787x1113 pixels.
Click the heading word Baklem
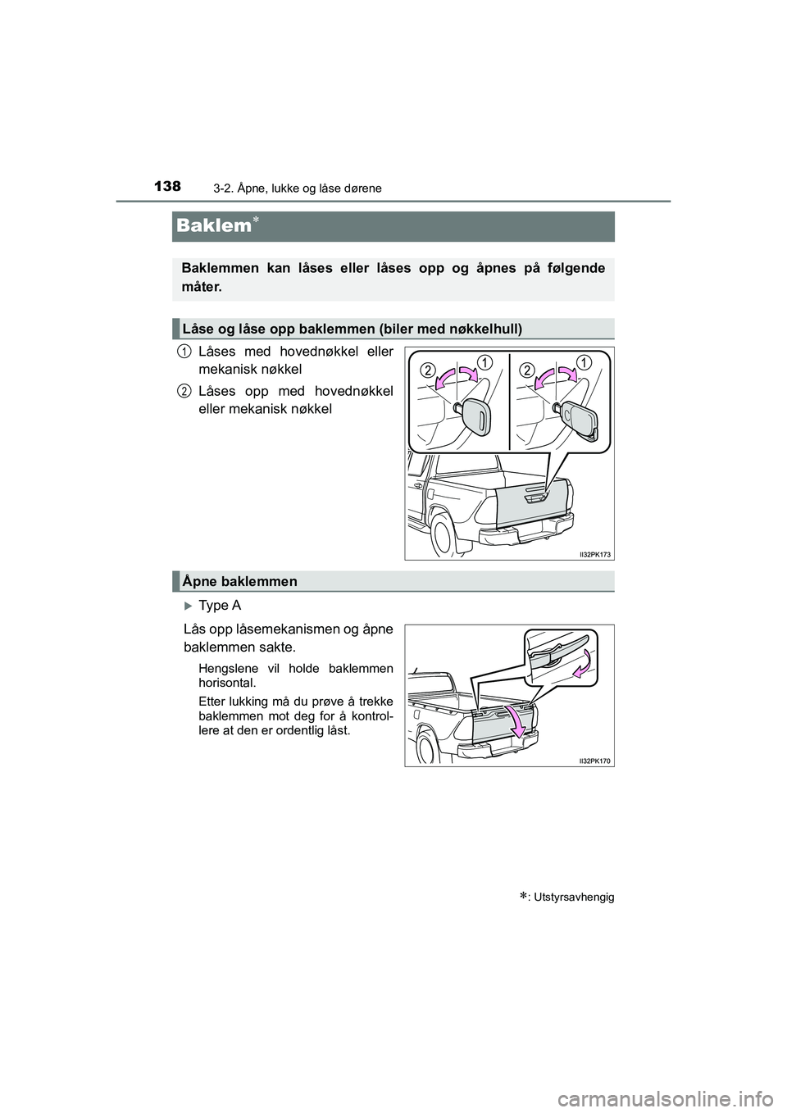211,226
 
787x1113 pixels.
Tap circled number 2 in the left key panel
428,371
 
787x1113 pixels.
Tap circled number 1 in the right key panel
585,361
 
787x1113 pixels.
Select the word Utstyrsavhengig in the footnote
580,897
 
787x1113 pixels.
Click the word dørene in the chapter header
365,189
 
